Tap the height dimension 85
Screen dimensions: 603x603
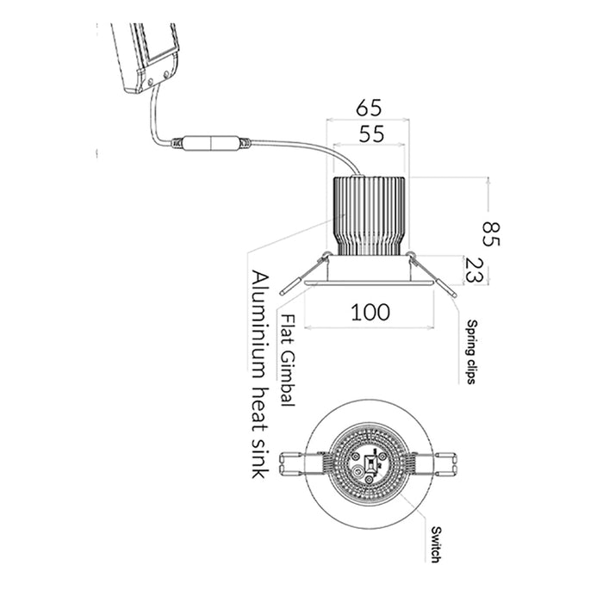click(492, 232)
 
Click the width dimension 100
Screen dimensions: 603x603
click(370, 312)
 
